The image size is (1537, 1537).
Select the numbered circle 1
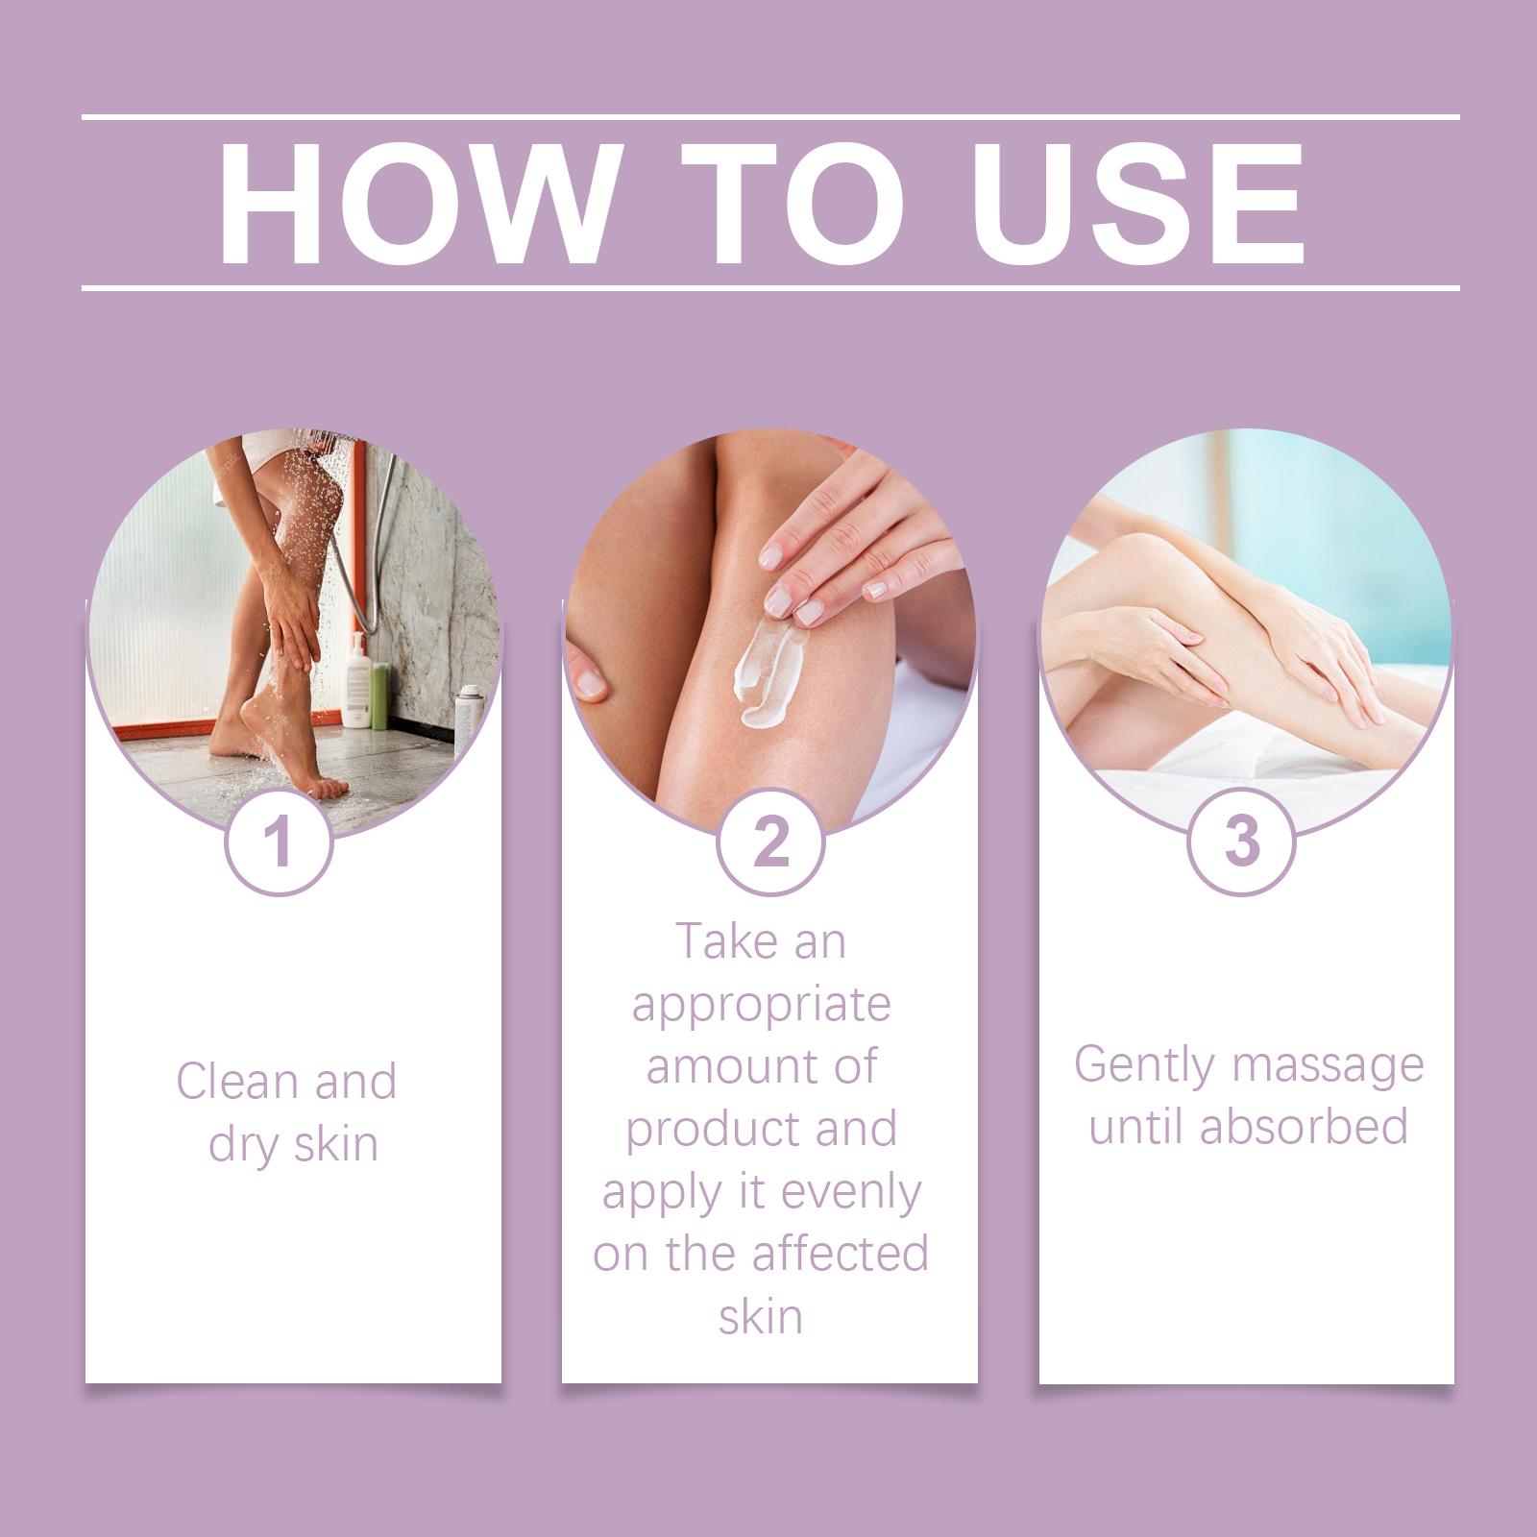pyautogui.click(x=279, y=842)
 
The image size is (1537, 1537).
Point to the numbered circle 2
pyautogui.click(x=770, y=842)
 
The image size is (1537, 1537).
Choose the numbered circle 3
pyautogui.click(x=1242, y=842)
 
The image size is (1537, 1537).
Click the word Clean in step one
pyautogui.click(x=239, y=1082)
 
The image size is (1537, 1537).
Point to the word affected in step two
pyautogui.click(x=841, y=1254)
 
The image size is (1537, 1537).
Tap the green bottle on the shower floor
pyautogui.click(x=379, y=696)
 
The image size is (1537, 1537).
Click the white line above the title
pyautogui.click(x=770, y=117)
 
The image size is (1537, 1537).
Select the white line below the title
pyautogui.click(x=770, y=287)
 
